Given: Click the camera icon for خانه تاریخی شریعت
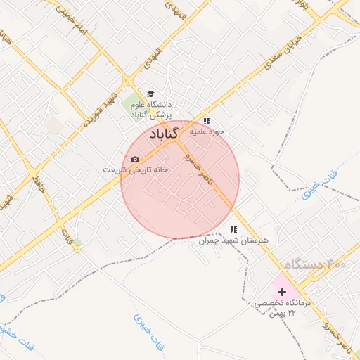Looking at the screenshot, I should [135, 160].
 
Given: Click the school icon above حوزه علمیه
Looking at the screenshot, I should [207, 121].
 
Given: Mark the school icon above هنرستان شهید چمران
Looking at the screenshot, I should [233, 229].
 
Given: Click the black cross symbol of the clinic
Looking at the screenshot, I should [282, 291].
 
